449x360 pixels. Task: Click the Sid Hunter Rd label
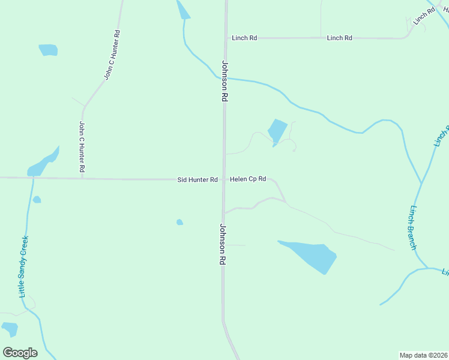(197, 180)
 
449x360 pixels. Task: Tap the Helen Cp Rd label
(248, 179)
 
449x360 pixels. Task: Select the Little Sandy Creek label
(24, 266)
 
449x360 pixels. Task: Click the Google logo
(20, 352)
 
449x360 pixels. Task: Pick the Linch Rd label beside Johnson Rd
(244, 38)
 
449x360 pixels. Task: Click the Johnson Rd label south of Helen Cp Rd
(222, 244)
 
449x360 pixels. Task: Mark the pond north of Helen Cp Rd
(277, 131)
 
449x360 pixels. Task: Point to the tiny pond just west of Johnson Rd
(179, 222)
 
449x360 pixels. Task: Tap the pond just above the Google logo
(10, 329)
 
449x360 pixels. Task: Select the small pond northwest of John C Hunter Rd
(48, 50)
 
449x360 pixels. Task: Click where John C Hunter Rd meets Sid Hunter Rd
(82, 178)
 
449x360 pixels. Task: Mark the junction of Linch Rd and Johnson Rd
(227, 38)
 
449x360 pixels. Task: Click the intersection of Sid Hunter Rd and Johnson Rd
(224, 179)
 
